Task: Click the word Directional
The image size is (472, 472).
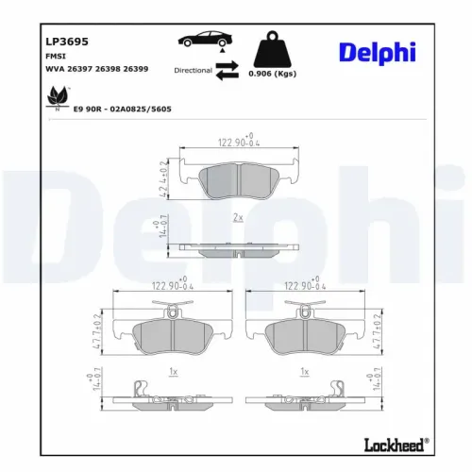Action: (192, 70)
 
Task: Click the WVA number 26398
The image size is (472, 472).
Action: (117, 70)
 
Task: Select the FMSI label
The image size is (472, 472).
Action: (55, 56)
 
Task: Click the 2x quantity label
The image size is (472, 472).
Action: (238, 217)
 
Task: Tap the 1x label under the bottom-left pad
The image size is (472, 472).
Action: (173, 372)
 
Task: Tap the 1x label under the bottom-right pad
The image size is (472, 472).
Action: (303, 372)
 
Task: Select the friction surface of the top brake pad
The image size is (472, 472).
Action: (235, 179)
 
